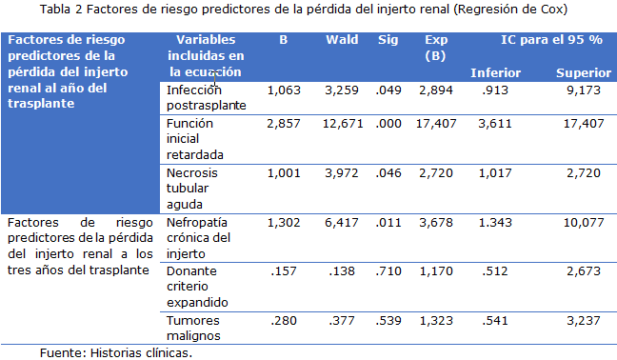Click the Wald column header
342,40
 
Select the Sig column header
388,40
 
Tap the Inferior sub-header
495,72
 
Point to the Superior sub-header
584,72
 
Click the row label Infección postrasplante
207,97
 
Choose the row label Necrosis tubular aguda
192,189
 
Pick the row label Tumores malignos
193,329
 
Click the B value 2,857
284,124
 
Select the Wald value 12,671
343,124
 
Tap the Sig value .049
388,90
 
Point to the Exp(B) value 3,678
436,223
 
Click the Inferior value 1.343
495,223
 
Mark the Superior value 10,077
584,223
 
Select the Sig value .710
388,271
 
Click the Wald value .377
342,321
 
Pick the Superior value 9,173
584,90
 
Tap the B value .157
284,271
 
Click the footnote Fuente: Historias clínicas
116,353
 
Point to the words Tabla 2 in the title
61,10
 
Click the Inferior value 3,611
495,124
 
